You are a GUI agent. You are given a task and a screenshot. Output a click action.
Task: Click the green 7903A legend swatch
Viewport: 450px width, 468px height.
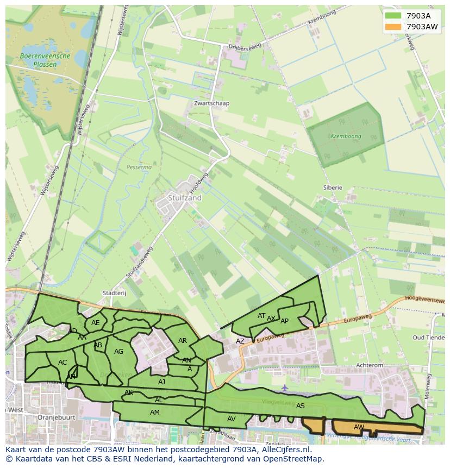(393, 16)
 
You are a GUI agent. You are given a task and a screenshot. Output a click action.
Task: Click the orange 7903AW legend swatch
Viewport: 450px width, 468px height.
(393, 27)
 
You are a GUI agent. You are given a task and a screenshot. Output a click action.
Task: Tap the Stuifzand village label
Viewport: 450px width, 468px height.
(184, 198)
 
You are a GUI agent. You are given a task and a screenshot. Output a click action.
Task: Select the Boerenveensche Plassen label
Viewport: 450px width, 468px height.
(45, 60)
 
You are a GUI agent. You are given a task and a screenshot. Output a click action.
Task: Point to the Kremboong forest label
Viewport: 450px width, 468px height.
(346, 136)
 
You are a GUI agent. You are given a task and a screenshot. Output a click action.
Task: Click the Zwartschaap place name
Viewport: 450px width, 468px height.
(211, 103)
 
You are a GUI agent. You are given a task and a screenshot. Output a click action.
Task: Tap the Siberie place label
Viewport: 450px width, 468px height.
(333, 188)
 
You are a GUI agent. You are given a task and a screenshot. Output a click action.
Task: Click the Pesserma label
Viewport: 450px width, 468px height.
(139, 167)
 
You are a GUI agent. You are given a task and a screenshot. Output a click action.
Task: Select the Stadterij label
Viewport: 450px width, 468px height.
(114, 293)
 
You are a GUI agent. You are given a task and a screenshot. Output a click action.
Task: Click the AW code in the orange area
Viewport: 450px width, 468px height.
(359, 427)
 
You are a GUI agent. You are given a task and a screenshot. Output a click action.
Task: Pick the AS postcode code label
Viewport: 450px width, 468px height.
(300, 405)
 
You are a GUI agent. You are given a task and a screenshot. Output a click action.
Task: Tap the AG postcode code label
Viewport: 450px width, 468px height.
(118, 352)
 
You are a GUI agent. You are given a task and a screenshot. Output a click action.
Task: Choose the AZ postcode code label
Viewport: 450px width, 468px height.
(240, 341)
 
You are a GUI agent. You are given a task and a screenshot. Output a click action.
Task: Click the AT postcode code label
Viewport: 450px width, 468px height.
(261, 316)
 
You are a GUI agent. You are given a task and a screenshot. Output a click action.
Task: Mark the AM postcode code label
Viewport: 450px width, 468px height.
(154, 413)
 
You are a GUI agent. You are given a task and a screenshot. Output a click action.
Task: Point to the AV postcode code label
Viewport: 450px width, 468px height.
(231, 419)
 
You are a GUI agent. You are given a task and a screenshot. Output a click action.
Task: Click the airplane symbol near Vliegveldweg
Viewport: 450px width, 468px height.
(285, 388)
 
